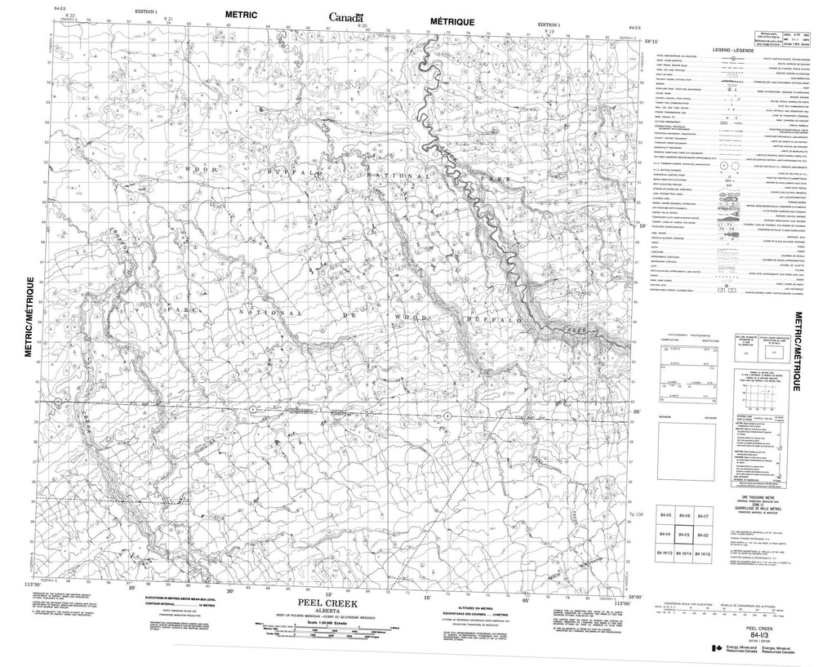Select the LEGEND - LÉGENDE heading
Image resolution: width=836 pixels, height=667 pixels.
[732, 51]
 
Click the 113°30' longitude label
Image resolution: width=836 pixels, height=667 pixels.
[33, 585]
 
